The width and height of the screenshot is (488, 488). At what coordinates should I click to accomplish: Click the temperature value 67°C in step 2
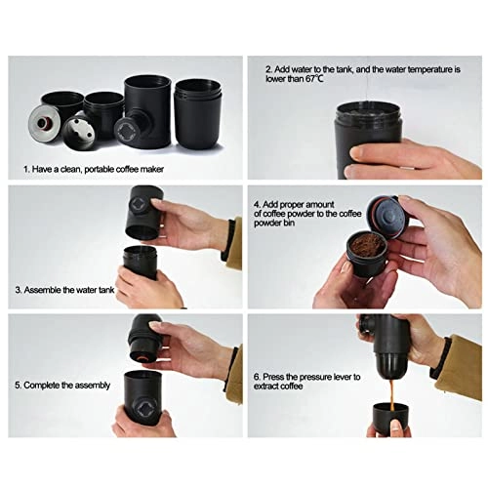[314, 79]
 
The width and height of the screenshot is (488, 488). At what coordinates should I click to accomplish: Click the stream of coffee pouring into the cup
[392, 395]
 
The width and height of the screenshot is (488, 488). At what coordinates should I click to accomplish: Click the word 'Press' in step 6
[273, 377]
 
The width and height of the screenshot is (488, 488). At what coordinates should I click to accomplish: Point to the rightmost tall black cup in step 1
[198, 114]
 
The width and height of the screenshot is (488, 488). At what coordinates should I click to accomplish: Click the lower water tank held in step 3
[141, 262]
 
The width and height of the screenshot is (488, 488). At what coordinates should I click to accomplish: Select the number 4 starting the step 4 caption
[257, 205]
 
